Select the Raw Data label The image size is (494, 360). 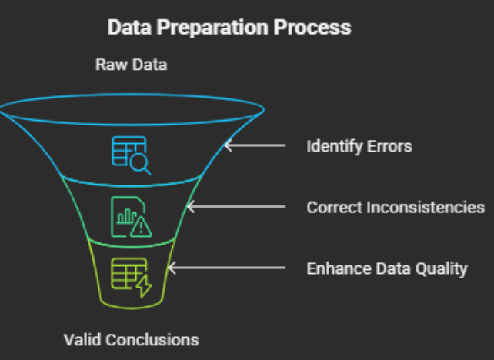tap(131, 65)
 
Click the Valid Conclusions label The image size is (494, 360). tap(131, 339)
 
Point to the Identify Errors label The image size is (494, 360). tap(359, 145)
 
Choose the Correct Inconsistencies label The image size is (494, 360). tap(396, 207)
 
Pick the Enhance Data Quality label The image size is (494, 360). tap(387, 268)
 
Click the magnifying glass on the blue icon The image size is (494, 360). tap(141, 163)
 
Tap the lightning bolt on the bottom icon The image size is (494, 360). tap(143, 285)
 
